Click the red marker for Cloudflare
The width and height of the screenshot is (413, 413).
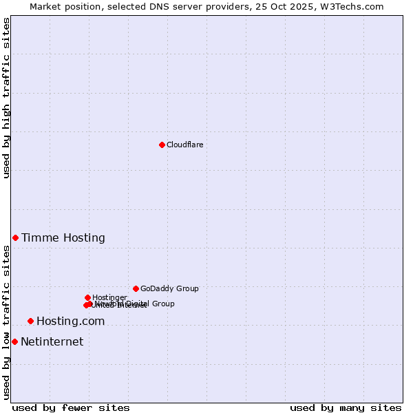pos(162,145)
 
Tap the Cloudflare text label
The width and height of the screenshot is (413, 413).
pos(184,145)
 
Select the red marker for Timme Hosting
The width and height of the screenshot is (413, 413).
pos(15,237)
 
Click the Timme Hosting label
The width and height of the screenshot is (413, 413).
pos(63,238)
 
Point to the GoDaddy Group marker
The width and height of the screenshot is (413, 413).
pos(136,288)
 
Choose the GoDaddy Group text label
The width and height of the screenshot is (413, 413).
pos(169,288)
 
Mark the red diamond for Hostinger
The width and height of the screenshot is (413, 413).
pos(87,297)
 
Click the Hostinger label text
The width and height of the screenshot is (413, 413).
pos(109,297)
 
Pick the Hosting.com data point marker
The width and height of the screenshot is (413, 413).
pos(30,321)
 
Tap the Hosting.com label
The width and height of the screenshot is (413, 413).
pos(70,321)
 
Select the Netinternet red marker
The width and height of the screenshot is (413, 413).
pos(14,341)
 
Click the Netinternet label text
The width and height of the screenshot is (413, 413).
pos(52,342)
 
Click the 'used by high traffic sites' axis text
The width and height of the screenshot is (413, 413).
pos(6,98)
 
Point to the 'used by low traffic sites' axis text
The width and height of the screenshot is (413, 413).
pos(6,322)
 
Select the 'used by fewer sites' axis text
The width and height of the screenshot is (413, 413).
pos(71,407)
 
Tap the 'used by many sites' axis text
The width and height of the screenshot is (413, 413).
pos(346,407)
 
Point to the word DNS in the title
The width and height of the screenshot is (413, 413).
pos(149,6)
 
